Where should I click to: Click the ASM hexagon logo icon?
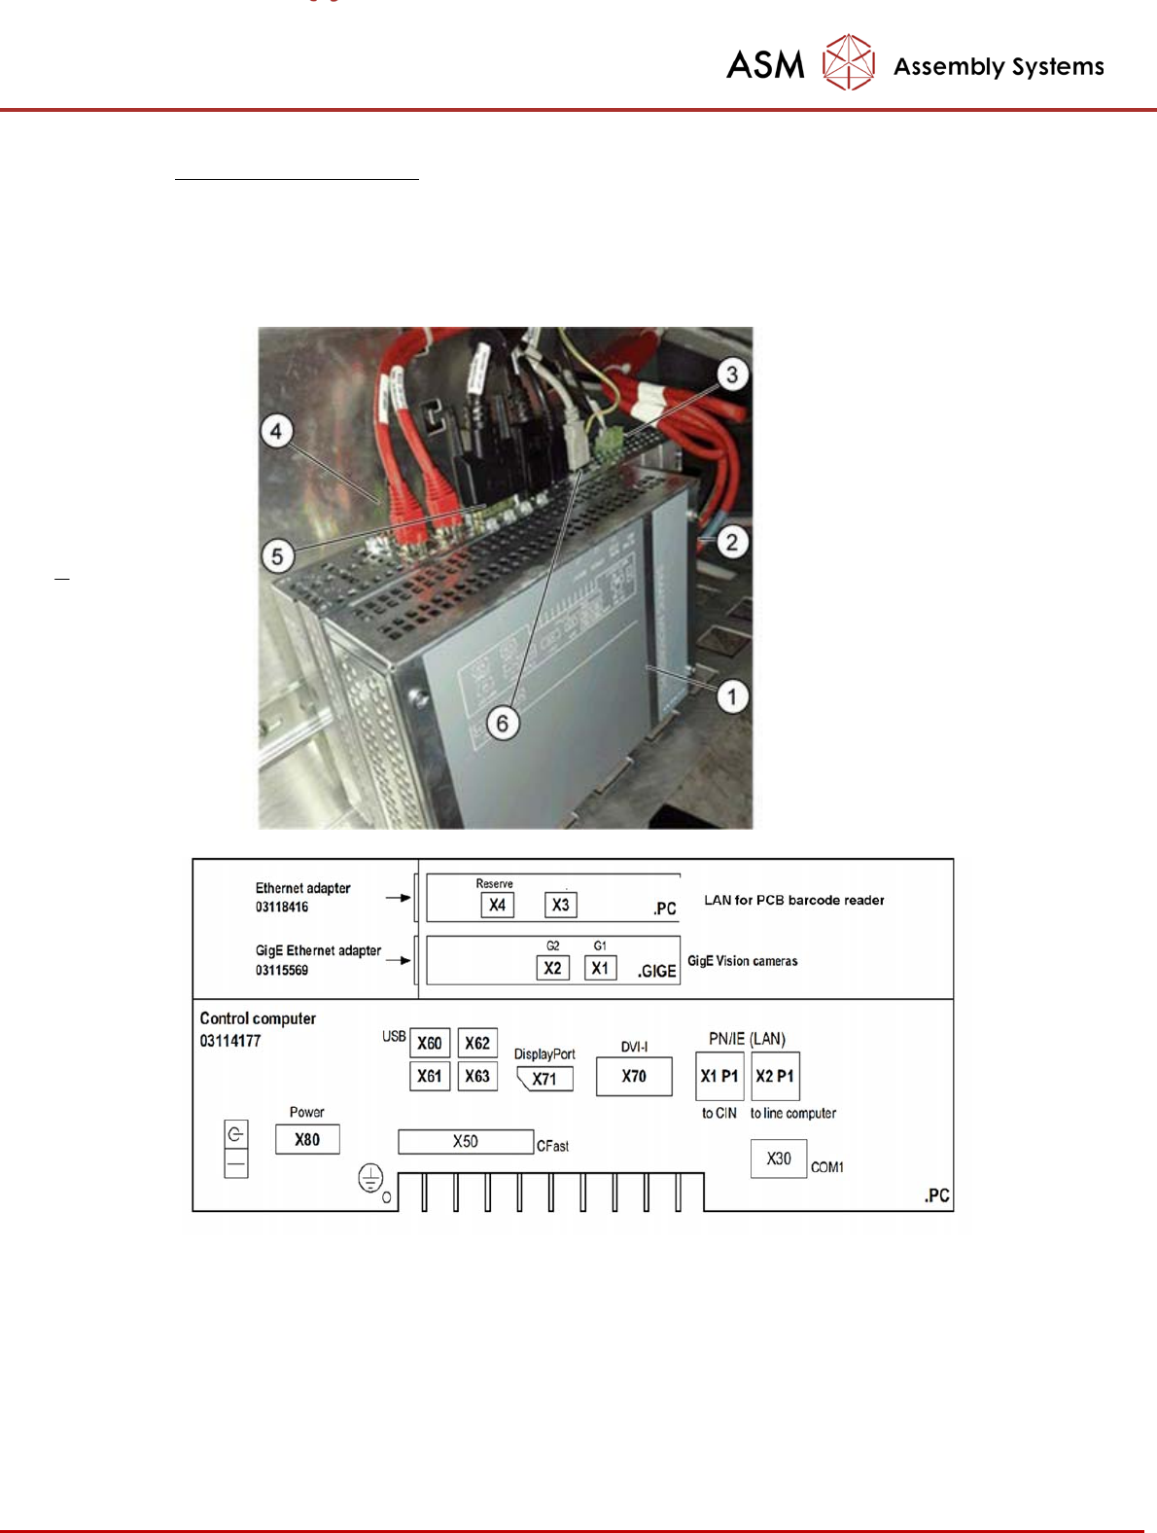848,62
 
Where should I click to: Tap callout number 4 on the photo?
277,431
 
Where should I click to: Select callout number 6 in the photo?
503,723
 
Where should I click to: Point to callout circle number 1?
732,696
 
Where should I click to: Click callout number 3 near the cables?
732,374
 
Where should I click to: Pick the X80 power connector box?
307,1139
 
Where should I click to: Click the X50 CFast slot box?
466,1141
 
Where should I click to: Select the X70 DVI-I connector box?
634,1076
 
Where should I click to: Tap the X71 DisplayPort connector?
544,1079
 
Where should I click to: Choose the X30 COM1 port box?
778,1159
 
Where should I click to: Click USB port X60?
429,1043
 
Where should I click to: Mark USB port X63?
477,1076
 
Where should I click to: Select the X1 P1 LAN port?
719,1076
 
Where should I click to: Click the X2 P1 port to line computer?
775,1076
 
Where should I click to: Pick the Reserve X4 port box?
497,905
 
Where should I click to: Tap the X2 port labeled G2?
552,968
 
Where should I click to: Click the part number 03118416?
282,907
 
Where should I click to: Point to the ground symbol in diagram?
370,1179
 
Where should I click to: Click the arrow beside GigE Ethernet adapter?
399,960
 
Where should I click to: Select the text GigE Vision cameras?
743,961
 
